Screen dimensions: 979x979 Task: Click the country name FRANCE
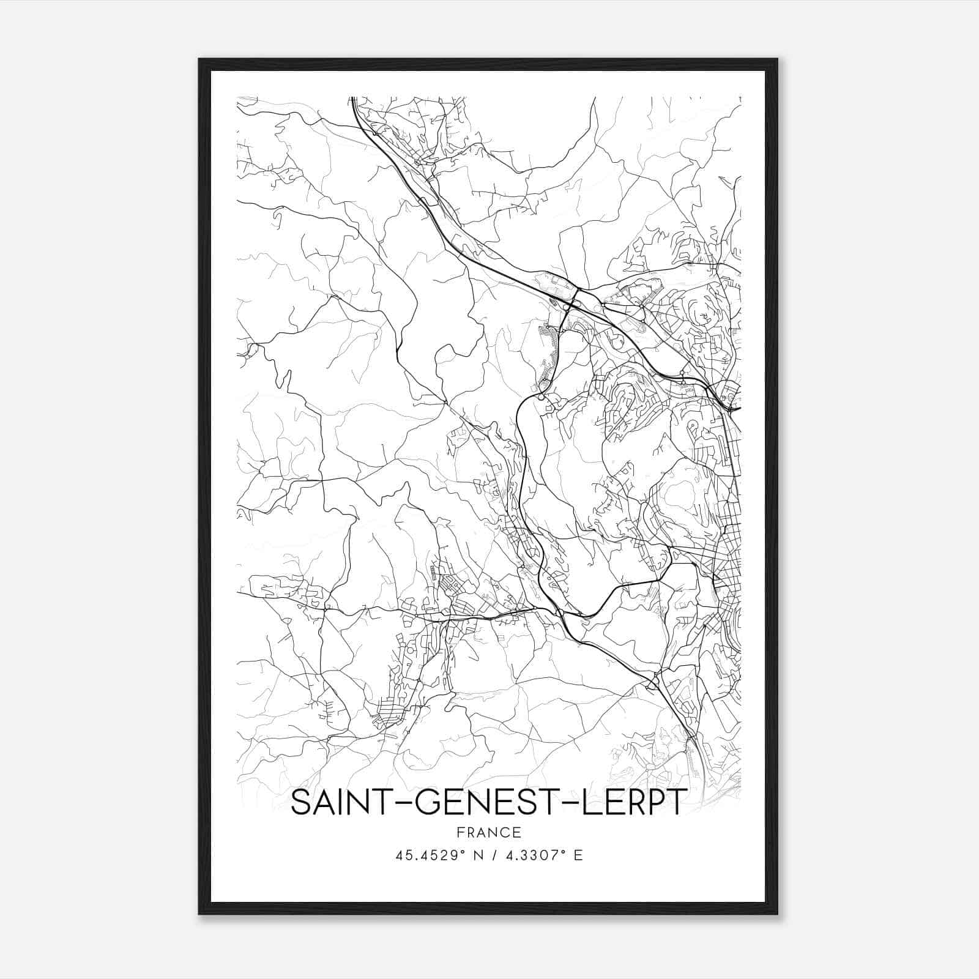(488, 832)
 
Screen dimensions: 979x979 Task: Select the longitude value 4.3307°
(531, 855)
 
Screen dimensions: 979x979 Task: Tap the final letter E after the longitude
(578, 855)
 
